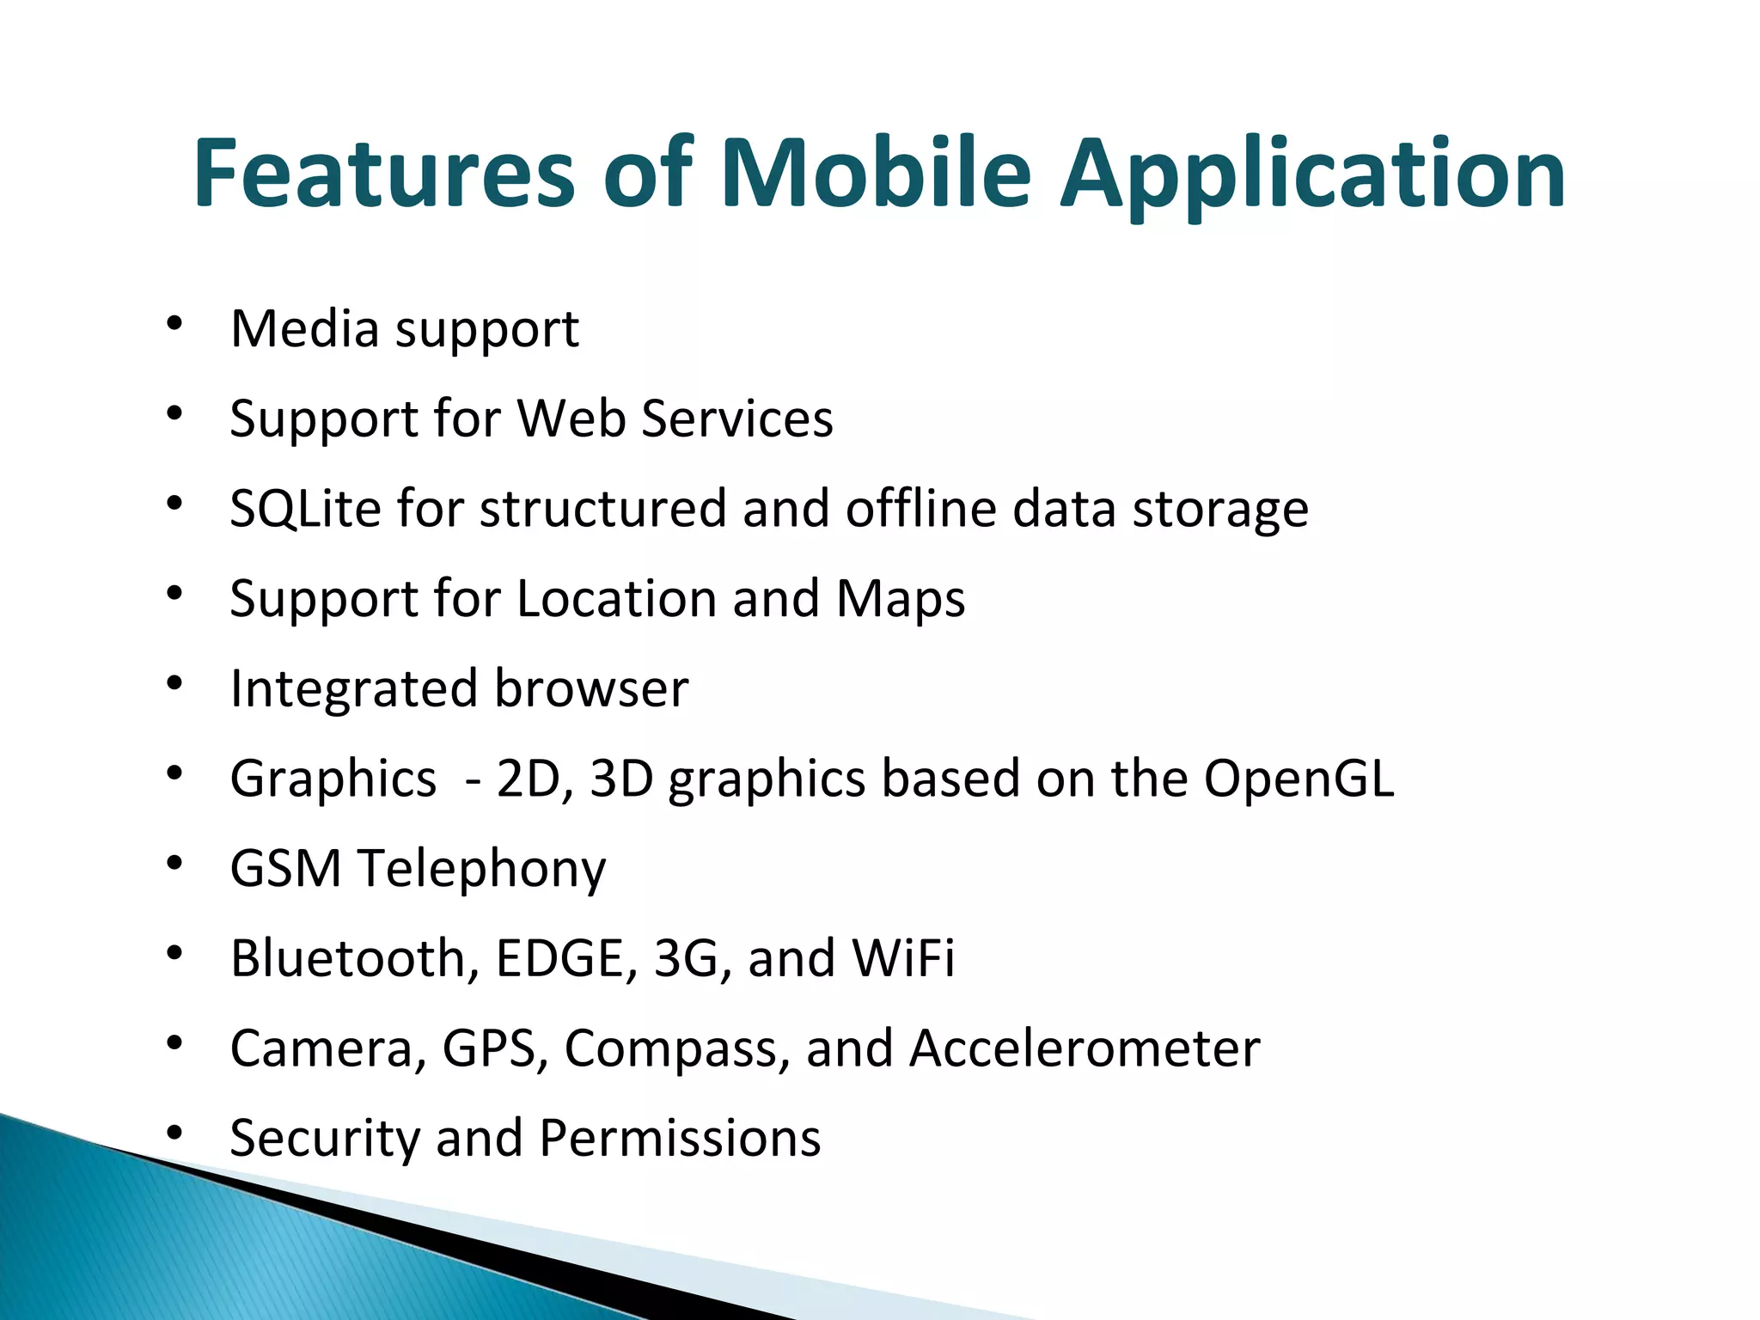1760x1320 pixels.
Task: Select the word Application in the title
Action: coord(1312,176)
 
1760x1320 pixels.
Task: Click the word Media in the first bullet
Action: coord(305,329)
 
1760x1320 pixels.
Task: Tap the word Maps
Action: coord(901,599)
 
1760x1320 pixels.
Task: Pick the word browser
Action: coord(591,689)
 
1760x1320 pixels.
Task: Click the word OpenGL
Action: coord(1299,779)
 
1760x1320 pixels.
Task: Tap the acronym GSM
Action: coord(286,869)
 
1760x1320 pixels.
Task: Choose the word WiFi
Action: coord(903,958)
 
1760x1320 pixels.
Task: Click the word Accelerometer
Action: coord(1085,1048)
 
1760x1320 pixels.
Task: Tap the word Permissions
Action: coord(680,1139)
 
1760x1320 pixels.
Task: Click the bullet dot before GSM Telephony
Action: coord(175,863)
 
